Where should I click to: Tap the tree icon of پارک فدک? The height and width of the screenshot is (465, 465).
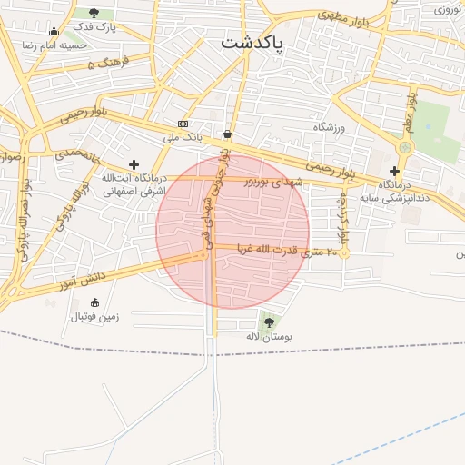point(94,13)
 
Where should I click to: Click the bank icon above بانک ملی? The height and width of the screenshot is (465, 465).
point(183,124)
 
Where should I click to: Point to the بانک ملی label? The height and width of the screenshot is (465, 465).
point(182,137)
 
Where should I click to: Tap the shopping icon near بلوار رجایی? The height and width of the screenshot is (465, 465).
point(226,134)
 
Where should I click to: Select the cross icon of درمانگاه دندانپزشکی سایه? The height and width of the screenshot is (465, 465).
point(394,171)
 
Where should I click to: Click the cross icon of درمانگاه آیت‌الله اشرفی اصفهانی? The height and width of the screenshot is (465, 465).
point(134,164)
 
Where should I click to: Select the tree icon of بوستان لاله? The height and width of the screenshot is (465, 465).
point(268,321)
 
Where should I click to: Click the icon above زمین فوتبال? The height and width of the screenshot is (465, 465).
point(95,303)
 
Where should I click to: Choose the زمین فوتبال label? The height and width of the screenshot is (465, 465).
point(100,318)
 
